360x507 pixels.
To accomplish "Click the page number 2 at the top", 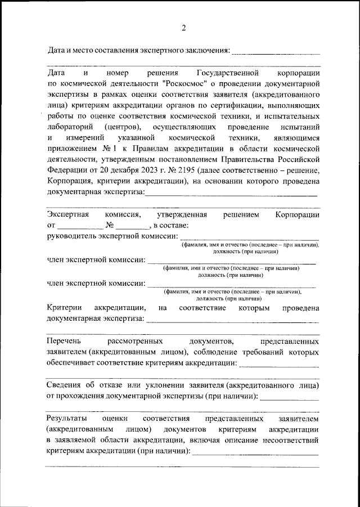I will point(183,29).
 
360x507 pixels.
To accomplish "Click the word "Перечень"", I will point(63,341).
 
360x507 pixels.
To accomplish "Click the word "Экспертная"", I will point(69,215).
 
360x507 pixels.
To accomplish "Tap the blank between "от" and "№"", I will point(81,226).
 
